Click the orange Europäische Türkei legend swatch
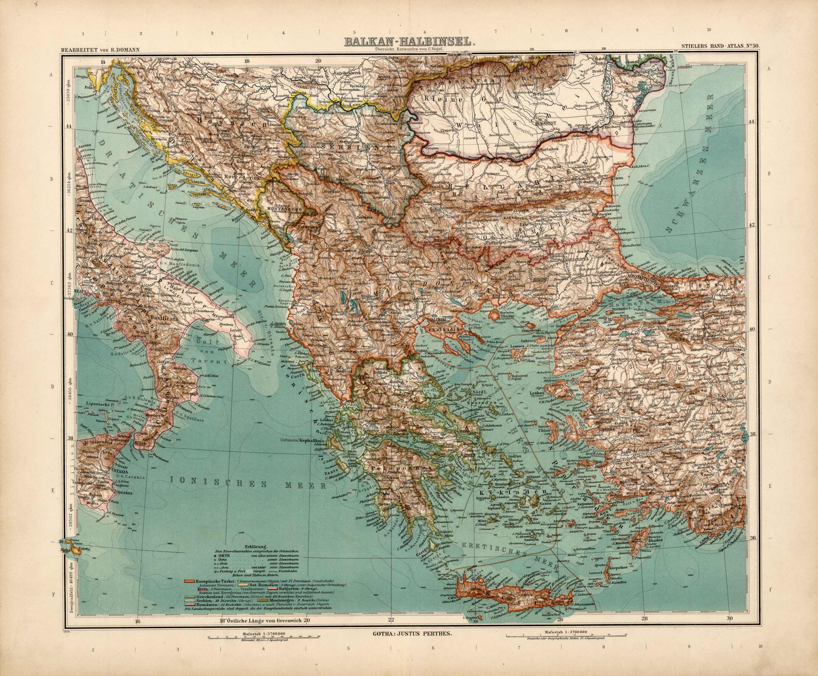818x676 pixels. click(190, 592)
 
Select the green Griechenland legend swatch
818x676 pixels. click(190, 607)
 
